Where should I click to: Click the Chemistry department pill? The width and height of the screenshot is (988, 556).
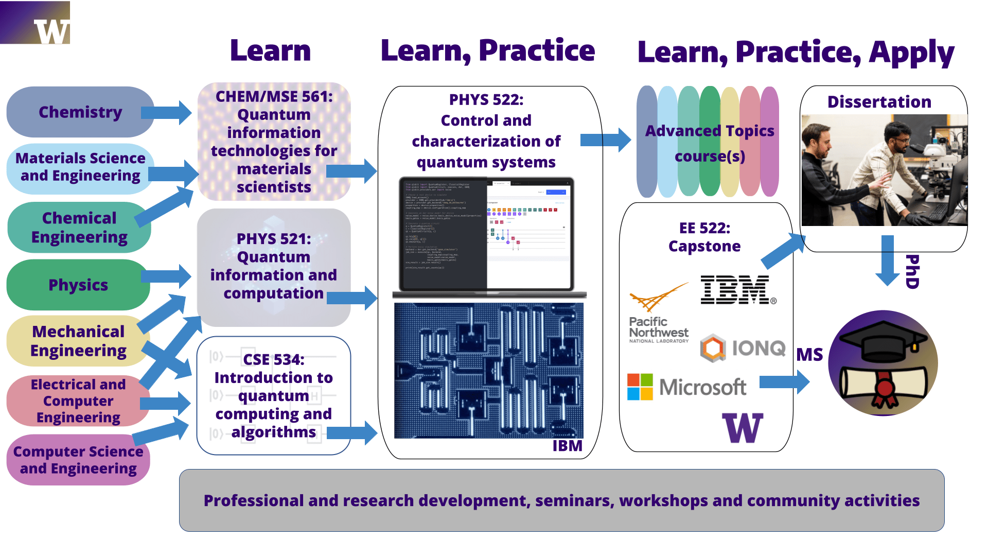coord(80,112)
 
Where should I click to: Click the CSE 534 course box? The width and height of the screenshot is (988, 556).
coord(274,395)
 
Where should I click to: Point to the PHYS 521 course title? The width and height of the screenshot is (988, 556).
coord(274,239)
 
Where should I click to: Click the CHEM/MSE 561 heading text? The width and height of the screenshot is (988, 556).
coord(274,97)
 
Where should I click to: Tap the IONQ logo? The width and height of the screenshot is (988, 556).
coord(743,349)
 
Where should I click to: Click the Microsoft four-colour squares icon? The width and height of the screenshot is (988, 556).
coord(640,387)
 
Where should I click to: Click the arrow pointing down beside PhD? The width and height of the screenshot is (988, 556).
coord(888,260)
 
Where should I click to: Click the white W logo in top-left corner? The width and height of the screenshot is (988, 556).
coord(52,31)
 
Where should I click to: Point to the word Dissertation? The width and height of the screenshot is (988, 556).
coord(879,102)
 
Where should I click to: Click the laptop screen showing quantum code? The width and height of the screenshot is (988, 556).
coord(486,234)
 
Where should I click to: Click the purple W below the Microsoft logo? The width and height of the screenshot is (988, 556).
coord(743,428)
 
